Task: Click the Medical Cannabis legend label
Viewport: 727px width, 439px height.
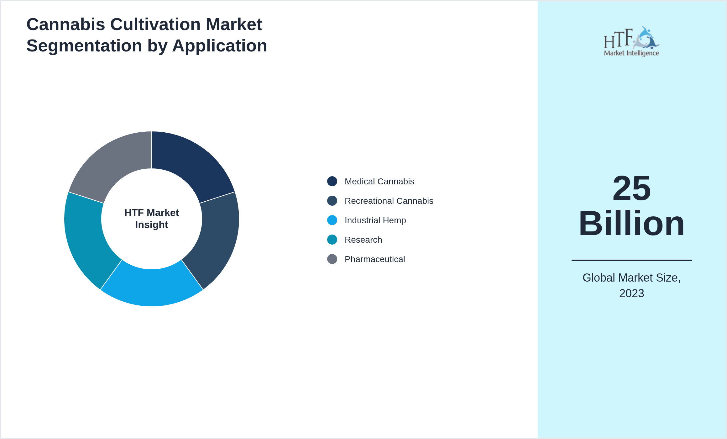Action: tap(379, 182)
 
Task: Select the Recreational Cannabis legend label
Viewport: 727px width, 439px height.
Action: tap(389, 201)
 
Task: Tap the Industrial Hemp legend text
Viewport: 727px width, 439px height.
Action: tap(375, 220)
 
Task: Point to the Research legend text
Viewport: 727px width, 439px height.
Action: tap(363, 240)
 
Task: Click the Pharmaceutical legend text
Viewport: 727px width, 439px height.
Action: tap(374, 259)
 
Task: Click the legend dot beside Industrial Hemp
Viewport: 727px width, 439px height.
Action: tap(332, 220)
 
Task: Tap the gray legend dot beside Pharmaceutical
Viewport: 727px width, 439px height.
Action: tap(332, 259)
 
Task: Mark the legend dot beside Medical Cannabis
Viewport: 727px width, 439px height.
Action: tap(332, 182)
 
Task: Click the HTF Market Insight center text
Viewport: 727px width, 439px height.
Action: tap(152, 219)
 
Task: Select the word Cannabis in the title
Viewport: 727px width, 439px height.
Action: tap(66, 24)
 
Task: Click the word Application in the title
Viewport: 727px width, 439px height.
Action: tap(219, 46)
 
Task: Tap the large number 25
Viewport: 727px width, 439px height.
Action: tap(632, 188)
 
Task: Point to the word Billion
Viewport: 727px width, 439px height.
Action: tap(632, 224)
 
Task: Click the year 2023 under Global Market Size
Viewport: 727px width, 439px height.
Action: tap(631, 294)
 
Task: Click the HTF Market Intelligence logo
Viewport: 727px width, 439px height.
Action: tap(631, 42)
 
